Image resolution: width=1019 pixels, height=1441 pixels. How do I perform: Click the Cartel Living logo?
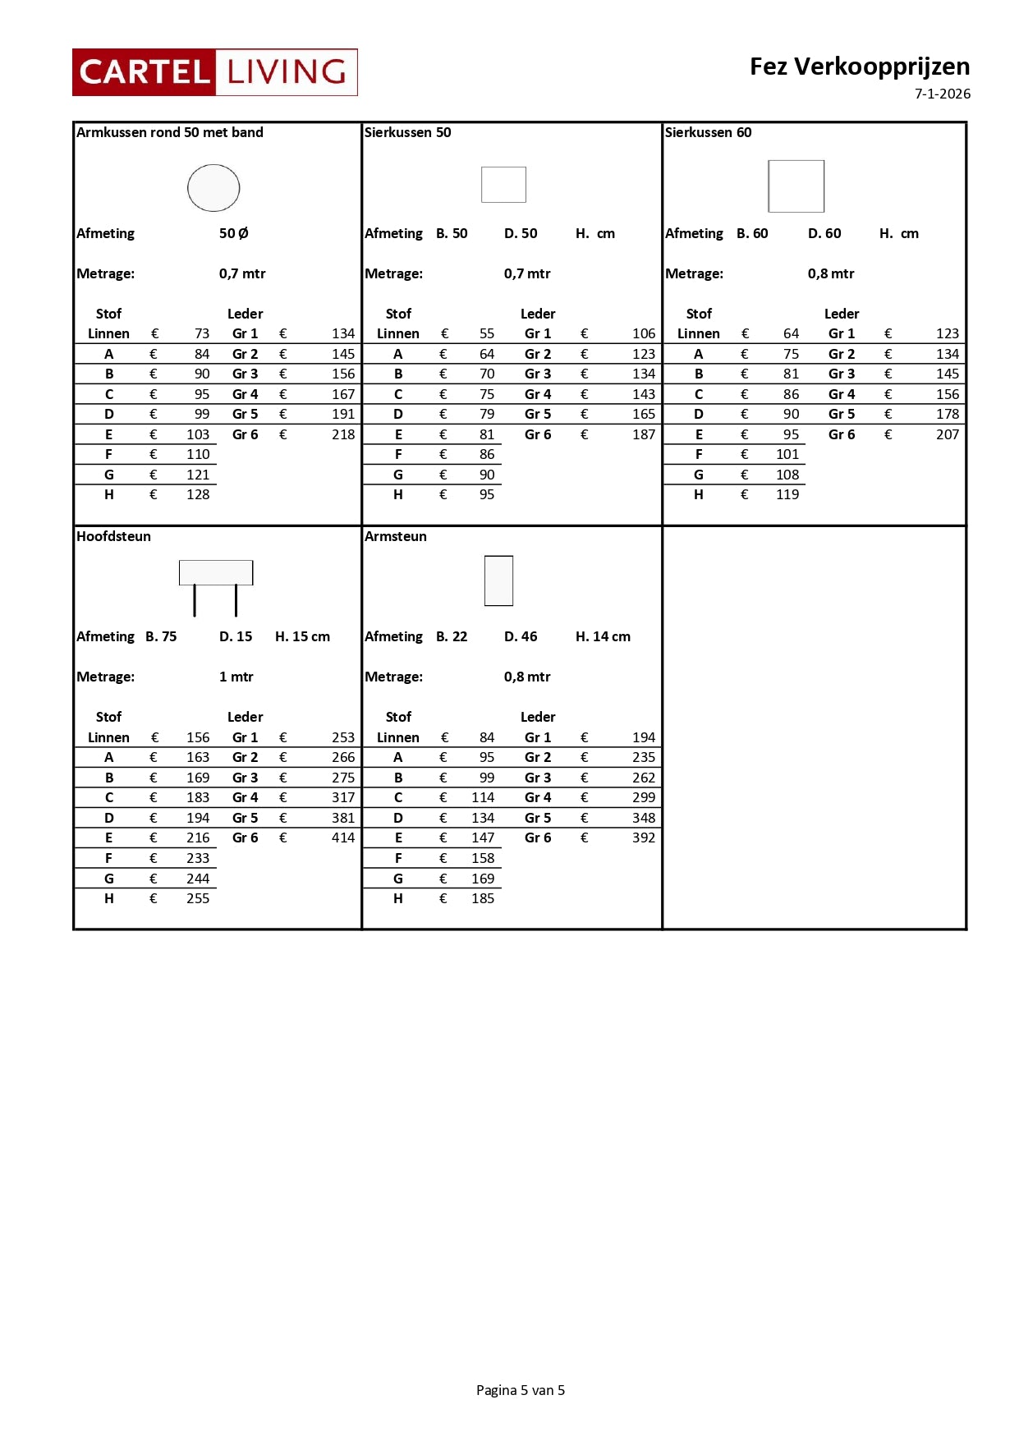point(214,72)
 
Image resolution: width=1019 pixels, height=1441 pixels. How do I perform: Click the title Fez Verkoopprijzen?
point(859,67)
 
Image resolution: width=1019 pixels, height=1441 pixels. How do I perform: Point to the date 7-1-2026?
point(942,94)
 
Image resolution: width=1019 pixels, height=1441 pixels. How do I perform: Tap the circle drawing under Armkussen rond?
point(213,188)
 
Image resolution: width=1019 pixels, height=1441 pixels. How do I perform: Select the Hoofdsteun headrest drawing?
point(215,585)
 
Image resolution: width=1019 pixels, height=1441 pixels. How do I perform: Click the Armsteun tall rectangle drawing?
point(498,581)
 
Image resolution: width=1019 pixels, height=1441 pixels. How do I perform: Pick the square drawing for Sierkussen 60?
point(796,186)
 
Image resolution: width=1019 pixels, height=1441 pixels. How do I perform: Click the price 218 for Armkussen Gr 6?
point(343,434)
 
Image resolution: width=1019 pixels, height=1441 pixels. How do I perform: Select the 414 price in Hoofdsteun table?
point(343,838)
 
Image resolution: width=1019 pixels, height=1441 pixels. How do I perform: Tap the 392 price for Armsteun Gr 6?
point(644,838)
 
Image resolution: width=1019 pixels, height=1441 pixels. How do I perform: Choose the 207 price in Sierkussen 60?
point(947,434)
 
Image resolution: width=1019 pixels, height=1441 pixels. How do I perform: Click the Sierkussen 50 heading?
point(407,132)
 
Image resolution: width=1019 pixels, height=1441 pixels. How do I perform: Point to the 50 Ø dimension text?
point(233,233)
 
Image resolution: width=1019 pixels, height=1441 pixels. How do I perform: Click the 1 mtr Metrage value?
point(236,677)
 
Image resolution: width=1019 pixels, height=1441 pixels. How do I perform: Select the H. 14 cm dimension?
point(603,636)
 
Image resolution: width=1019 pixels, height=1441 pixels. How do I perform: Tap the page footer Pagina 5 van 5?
point(520,1389)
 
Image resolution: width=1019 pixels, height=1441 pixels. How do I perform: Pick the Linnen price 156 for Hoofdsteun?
point(198,737)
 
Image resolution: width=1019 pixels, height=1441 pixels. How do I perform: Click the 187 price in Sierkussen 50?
point(644,434)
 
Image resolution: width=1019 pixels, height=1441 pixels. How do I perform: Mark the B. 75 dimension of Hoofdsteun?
point(161,636)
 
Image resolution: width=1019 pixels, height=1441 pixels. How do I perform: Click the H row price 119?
point(787,494)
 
